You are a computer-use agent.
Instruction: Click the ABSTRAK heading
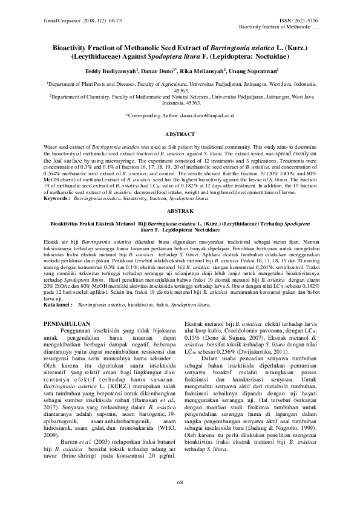180,211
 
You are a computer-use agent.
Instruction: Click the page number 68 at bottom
180,481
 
